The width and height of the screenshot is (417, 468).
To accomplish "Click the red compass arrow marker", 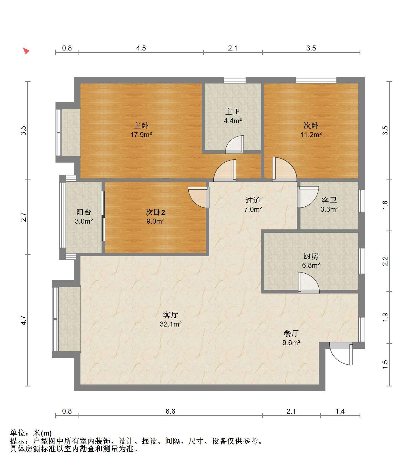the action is click(x=26, y=51).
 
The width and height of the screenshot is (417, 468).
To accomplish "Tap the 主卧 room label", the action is click(x=141, y=126).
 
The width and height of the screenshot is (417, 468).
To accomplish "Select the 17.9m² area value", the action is click(x=141, y=135).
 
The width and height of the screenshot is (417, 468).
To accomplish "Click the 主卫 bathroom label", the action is click(x=232, y=112).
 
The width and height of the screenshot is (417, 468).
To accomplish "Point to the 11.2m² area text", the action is click(x=311, y=135).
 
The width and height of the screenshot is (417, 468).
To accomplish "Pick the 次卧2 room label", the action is click(x=155, y=212).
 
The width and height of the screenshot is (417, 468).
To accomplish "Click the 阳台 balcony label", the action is click(x=84, y=212).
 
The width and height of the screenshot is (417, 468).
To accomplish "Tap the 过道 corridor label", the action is click(x=253, y=200).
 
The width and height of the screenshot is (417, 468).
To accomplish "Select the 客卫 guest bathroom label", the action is click(x=329, y=200).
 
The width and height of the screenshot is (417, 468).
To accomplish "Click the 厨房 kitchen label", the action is click(x=311, y=256).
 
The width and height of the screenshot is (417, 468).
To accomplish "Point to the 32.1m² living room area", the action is click(x=171, y=324).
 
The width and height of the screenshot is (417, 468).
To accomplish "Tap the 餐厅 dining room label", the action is click(x=291, y=333).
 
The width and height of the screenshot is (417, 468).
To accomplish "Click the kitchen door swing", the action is click(x=309, y=283).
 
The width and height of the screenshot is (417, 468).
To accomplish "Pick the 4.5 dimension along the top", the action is click(x=141, y=48).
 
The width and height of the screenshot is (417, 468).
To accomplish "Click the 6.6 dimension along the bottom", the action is click(x=170, y=411).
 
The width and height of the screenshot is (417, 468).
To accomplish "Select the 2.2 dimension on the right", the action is click(x=385, y=261).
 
